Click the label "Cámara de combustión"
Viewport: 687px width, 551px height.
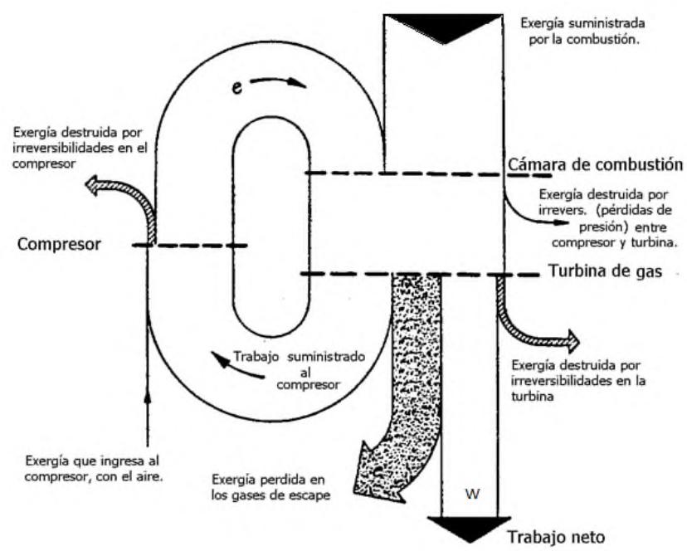594,163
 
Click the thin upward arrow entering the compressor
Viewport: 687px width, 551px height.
147,415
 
